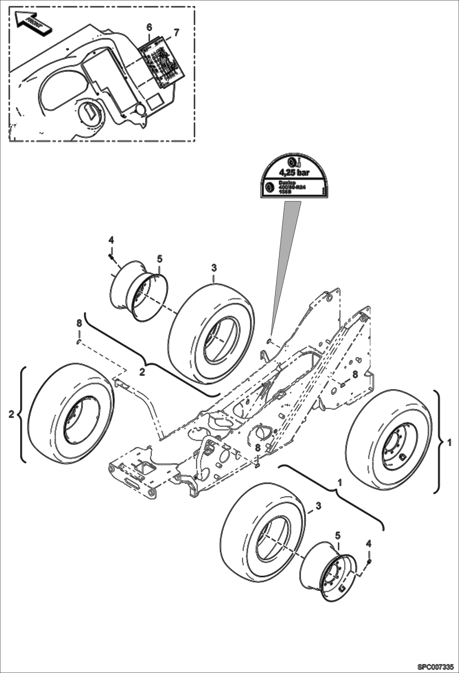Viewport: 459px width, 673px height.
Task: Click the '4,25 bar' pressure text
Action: pyautogui.click(x=294, y=172)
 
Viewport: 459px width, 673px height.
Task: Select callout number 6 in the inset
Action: pyautogui.click(x=149, y=27)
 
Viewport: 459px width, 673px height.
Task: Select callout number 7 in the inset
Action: pyautogui.click(x=176, y=32)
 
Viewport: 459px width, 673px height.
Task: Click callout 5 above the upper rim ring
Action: pyautogui.click(x=160, y=259)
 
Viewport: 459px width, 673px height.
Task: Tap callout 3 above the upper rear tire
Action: pyautogui.click(x=214, y=268)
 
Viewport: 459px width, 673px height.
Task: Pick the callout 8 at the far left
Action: pyautogui.click(x=79, y=323)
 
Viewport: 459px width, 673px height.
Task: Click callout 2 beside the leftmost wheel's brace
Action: pyautogui.click(x=11, y=414)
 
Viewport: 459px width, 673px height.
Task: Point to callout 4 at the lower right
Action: pyautogui.click(x=369, y=544)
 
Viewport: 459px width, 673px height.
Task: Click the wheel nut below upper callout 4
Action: pyautogui.click(x=111, y=256)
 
